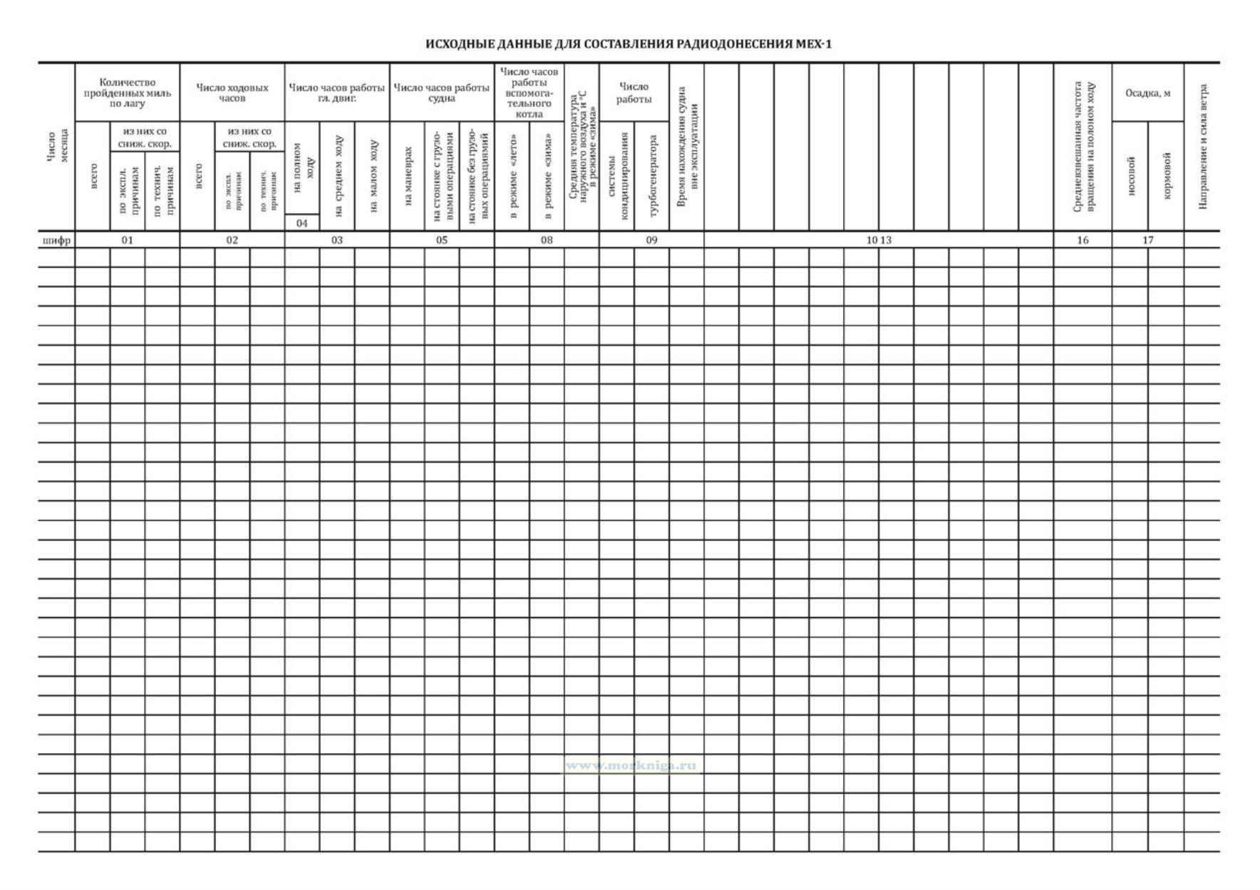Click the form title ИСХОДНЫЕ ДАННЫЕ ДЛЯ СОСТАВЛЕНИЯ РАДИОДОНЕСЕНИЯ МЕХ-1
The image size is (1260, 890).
629,44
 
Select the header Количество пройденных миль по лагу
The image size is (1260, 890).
128,93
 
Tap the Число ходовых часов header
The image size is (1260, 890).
232,93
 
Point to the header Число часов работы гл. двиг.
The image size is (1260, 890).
337,93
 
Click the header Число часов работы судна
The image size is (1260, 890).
442,93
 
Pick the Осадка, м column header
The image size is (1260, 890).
1147,93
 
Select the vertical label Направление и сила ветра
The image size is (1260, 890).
1203,147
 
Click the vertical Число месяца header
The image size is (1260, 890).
57,147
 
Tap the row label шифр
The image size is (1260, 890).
56,240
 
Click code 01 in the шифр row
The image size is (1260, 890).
128,240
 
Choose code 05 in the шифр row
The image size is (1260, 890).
442,240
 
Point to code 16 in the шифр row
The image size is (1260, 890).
1083,240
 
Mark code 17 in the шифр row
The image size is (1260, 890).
1147,240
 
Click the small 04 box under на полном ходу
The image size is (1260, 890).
302,223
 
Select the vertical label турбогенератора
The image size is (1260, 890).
653,175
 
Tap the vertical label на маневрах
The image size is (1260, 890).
407,176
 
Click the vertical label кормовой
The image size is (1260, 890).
1167,175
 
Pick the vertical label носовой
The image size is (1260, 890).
1130,175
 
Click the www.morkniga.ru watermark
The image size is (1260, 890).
631,766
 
